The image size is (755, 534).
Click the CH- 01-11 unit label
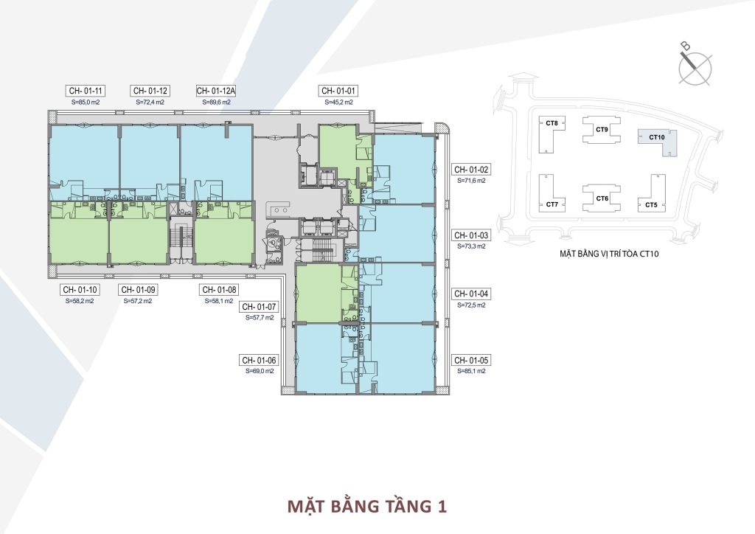pos(86,91)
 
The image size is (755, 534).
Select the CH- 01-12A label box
pos(216,91)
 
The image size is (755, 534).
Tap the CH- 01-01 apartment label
pos(338,91)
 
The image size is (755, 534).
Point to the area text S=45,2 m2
pos(338,102)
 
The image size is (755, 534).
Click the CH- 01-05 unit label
pos(471,360)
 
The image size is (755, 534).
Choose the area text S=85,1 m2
pos(471,371)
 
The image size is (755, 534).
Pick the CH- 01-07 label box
pos(259,307)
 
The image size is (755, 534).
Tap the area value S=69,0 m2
pos(260,371)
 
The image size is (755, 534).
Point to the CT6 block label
pos(602,198)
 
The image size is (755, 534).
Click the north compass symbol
pos(695,68)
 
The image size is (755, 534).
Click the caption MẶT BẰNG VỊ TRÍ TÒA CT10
pos(609,253)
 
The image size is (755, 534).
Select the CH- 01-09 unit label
pos(138,290)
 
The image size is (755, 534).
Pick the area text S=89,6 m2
pos(216,102)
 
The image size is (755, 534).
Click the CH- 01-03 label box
pos(471,235)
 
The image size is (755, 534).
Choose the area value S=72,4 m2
pos(150,102)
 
